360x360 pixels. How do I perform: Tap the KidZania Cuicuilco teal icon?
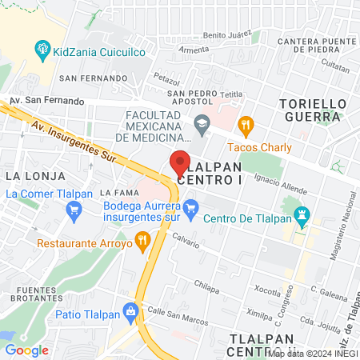coord(42,52)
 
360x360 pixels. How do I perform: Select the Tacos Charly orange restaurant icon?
coord(246,125)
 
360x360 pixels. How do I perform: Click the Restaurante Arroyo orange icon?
coord(142,238)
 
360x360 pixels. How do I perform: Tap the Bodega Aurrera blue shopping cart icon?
coord(190,211)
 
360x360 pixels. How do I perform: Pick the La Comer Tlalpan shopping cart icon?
coord(74,211)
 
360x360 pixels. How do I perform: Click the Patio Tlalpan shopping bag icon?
coord(130,311)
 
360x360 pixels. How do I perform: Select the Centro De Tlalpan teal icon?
coord(302,215)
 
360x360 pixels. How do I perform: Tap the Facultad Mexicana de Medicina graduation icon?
coord(201,123)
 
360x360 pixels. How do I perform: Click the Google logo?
coord(26,350)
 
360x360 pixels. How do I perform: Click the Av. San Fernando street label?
coord(46,102)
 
